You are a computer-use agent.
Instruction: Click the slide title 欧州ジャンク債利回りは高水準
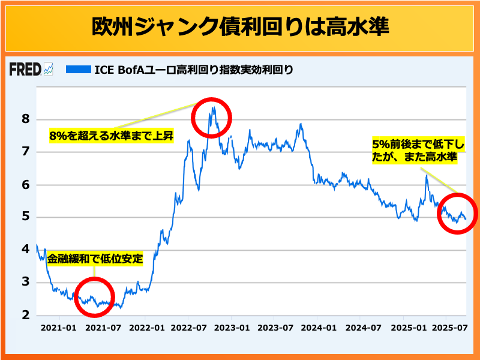coord(240,26)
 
